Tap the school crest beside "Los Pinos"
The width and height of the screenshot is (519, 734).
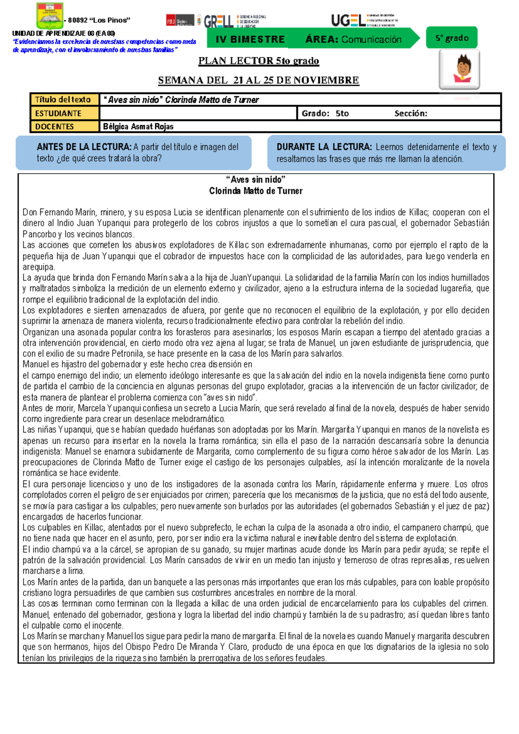(x=50, y=16)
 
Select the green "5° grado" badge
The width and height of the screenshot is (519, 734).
(x=452, y=38)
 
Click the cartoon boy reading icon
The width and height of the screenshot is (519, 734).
(x=459, y=69)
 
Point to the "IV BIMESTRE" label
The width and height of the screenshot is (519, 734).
(x=250, y=39)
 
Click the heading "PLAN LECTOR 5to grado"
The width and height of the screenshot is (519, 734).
(x=259, y=61)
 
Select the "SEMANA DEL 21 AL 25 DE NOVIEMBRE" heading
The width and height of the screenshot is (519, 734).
(x=259, y=80)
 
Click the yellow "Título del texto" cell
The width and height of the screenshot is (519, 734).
(x=64, y=100)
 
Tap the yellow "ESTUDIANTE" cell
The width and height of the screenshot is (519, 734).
(x=64, y=113)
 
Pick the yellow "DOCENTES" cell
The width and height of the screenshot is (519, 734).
(x=64, y=126)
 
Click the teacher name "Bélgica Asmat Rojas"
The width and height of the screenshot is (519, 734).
(x=138, y=126)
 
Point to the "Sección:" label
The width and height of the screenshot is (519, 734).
(x=410, y=113)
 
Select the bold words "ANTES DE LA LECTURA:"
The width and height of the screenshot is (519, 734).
(x=84, y=147)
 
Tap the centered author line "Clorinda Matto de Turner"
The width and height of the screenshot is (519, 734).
(x=256, y=191)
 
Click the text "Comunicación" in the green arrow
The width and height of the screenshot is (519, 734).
(x=371, y=39)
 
